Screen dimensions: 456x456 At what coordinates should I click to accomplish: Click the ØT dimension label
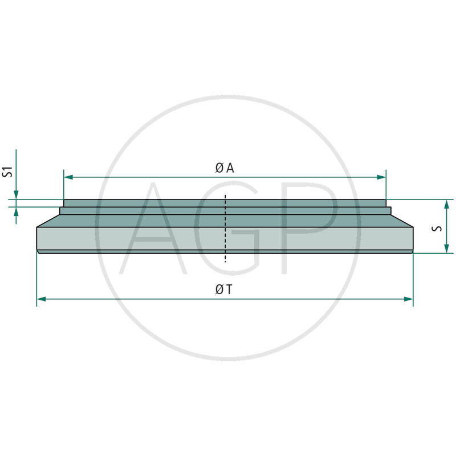coord(224,290)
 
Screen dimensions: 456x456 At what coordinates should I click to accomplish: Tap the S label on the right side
coord(435,227)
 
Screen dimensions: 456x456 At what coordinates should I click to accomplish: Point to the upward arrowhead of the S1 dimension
coord(17,211)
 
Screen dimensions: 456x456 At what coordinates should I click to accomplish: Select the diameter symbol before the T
coord(219,290)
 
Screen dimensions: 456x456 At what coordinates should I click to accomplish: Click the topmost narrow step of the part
coord(225,203)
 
